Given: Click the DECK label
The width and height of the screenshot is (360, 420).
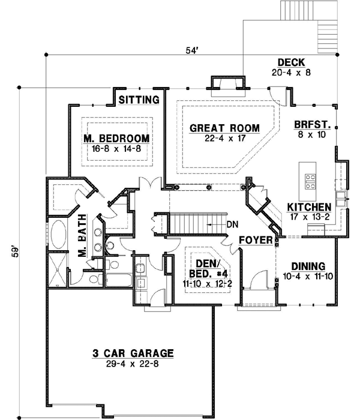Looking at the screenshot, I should [292, 62].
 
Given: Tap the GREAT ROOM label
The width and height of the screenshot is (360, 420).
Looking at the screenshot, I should [224, 128].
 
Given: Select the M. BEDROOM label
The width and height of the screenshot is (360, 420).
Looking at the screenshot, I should [116, 138].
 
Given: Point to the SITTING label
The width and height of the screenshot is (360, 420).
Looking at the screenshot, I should [139, 100].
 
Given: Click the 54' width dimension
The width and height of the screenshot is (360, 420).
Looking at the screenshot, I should [191, 51].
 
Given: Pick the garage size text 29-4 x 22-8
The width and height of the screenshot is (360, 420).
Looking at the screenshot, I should [133, 364].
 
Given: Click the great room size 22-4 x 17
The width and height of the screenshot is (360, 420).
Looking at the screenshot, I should [224, 139].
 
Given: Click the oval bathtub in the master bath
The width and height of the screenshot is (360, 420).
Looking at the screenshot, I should [59, 236].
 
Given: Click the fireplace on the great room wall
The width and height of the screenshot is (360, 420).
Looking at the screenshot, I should [227, 84].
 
